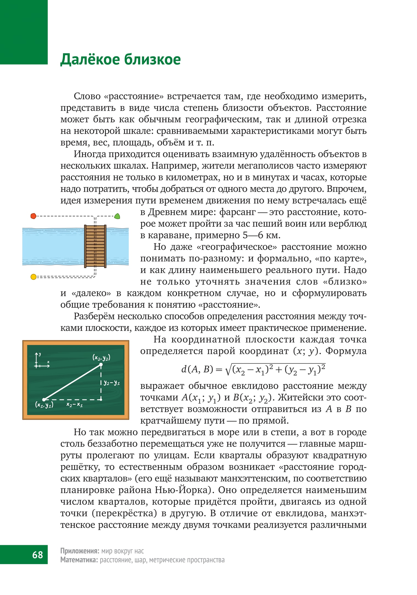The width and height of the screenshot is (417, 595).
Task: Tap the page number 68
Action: point(37,555)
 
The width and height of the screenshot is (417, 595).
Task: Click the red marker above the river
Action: point(33,216)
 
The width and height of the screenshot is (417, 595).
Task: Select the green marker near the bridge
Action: point(117,216)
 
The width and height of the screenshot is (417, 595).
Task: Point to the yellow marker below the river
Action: point(33,277)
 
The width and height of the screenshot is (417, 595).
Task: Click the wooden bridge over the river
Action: point(95,246)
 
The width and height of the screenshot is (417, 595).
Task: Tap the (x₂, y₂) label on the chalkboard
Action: point(101,358)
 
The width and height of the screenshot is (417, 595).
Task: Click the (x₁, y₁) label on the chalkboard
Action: point(44,405)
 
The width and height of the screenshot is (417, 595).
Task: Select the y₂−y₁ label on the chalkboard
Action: point(112,383)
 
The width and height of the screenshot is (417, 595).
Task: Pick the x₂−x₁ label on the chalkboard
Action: point(74,404)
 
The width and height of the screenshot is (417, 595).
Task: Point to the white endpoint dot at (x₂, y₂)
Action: point(101,364)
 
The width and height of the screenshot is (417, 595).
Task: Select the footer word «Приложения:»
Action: point(80,551)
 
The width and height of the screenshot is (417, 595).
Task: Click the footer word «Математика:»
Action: point(79,560)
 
